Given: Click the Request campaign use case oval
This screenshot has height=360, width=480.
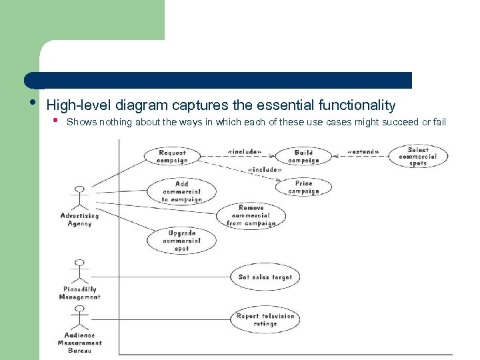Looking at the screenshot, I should (173, 157).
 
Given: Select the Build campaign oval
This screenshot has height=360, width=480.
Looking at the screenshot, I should (303, 157).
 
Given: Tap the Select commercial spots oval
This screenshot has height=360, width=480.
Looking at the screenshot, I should (418, 157).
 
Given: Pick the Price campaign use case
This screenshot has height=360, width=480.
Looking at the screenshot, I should (303, 187).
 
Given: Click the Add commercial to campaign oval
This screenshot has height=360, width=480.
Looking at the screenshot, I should (181, 191).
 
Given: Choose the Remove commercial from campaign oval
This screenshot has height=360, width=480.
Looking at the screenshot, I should (251, 216).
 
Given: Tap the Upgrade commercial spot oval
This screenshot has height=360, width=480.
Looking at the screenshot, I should (181, 241).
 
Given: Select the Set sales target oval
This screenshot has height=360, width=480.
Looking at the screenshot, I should (265, 277).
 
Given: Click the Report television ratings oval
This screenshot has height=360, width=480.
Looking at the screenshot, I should (265, 320).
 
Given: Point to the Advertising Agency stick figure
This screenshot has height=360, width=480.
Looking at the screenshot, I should (80, 198).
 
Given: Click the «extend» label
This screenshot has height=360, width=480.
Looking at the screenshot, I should (363, 152).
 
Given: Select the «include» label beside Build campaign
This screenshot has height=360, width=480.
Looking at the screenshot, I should (244, 152).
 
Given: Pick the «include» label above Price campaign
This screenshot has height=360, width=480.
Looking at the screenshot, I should (264, 170).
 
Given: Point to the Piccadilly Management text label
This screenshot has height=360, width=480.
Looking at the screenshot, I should (79, 293).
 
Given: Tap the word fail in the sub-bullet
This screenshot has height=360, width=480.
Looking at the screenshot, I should (439, 122).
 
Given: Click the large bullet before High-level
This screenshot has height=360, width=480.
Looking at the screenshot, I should (33, 103).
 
